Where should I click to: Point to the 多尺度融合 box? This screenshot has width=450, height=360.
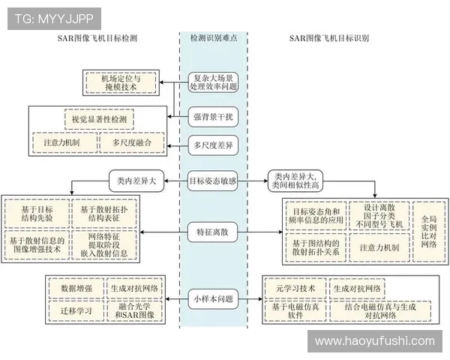click(x=132, y=142)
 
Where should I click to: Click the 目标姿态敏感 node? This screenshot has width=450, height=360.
click(x=214, y=180)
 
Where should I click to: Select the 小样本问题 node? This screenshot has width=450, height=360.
click(x=214, y=298)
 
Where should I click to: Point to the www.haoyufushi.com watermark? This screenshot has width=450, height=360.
click(x=374, y=341)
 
